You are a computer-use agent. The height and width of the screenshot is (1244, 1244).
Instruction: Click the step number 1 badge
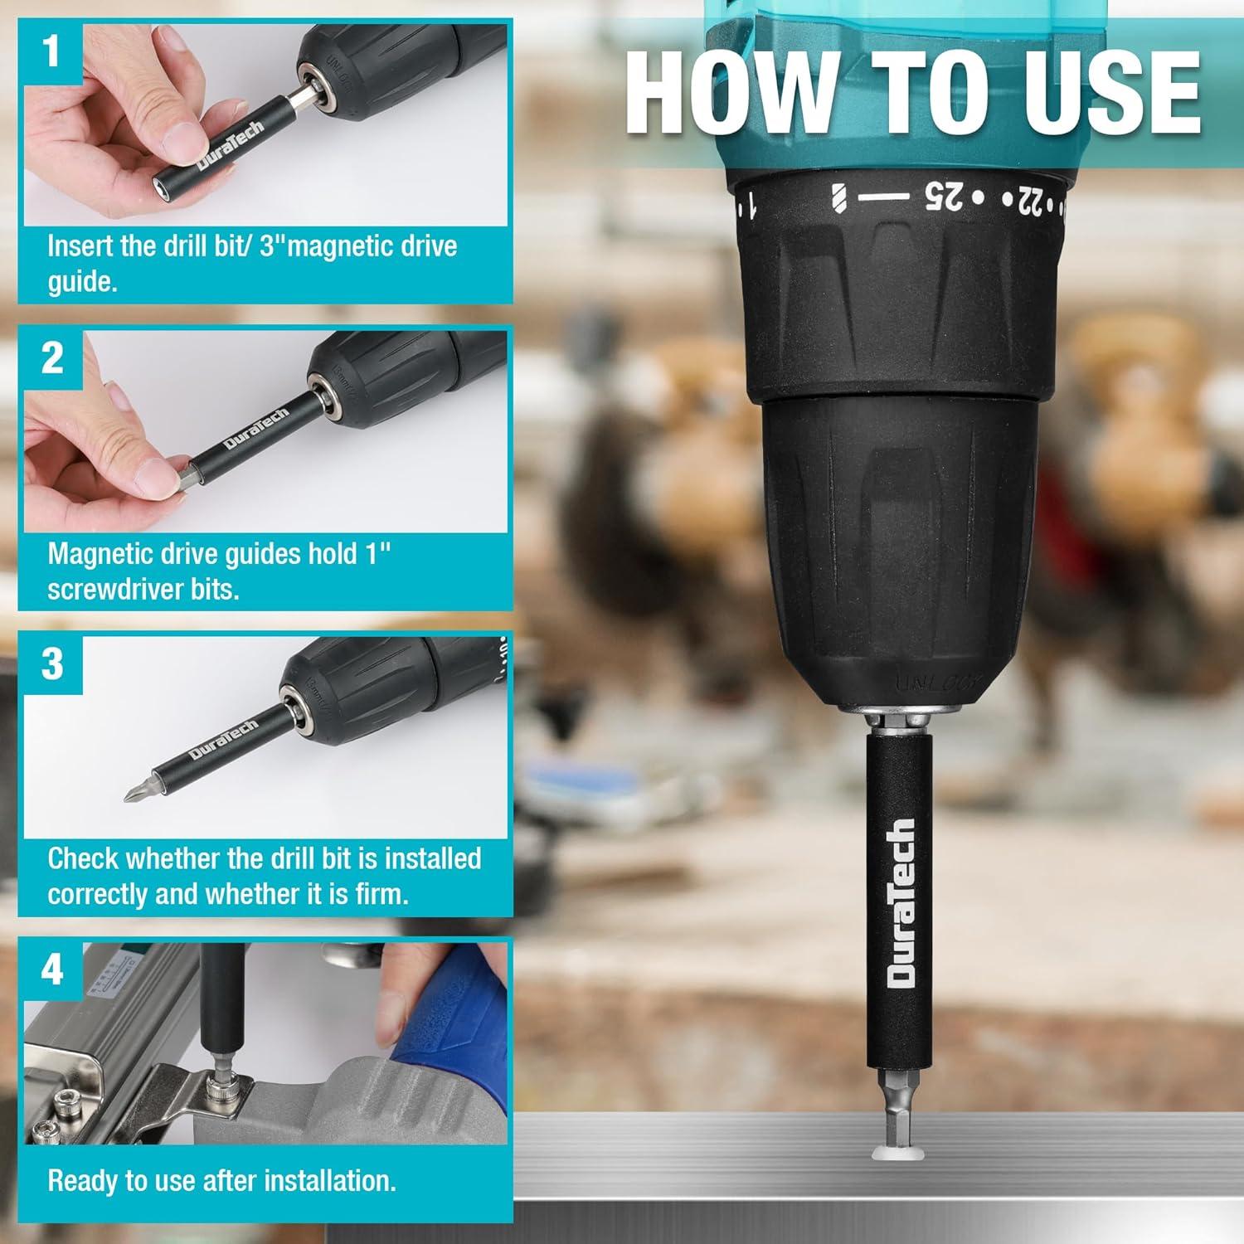(52, 50)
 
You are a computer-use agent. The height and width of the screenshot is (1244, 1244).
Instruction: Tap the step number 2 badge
(52, 357)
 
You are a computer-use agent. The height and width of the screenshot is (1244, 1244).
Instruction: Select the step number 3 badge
(52, 663)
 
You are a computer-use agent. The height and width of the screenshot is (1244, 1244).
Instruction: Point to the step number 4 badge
(52, 969)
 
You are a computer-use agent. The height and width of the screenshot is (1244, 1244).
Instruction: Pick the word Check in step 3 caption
(83, 858)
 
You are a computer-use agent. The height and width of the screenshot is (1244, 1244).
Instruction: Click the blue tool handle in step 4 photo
(452, 1012)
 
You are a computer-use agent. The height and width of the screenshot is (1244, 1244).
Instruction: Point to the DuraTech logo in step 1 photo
(230, 144)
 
